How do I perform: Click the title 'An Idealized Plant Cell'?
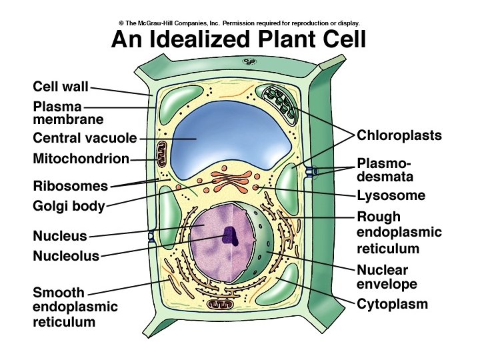click(x=239, y=39)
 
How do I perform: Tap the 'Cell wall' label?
click(x=61, y=87)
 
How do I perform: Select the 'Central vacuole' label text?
click(x=85, y=139)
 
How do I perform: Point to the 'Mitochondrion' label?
click(x=80, y=159)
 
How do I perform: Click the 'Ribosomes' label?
click(x=70, y=186)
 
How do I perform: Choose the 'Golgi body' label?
click(x=69, y=207)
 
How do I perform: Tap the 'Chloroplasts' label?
click(x=399, y=135)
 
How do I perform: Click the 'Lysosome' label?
click(x=391, y=195)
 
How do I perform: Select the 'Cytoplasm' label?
click(x=392, y=305)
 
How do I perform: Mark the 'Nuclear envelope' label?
click(x=387, y=277)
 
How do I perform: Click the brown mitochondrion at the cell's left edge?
click(x=161, y=155)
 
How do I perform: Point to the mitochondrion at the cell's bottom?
click(x=219, y=305)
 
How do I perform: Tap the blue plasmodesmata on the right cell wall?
click(x=311, y=172)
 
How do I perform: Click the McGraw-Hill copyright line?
click(x=239, y=22)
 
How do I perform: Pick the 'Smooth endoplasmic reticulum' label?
click(x=75, y=307)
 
